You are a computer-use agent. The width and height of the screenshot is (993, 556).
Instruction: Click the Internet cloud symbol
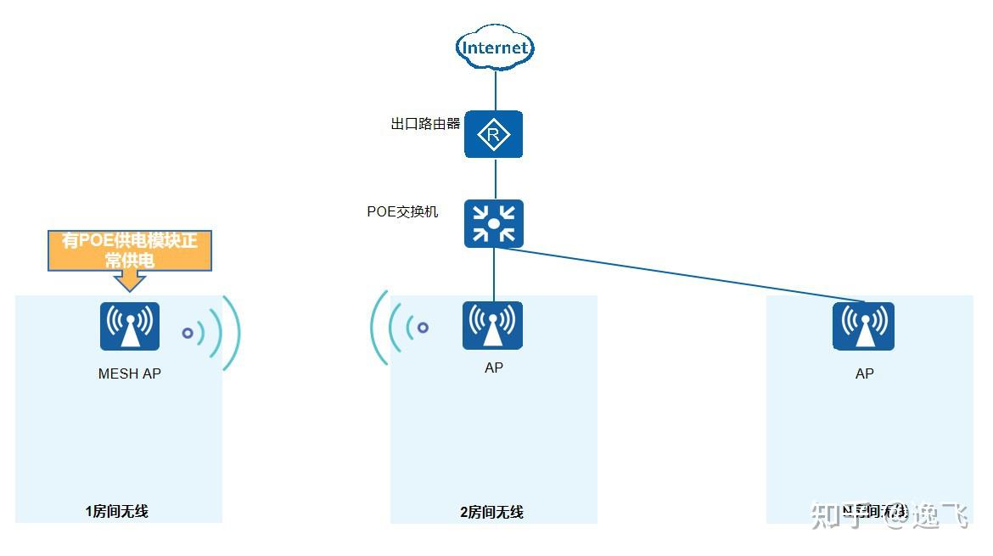click(495, 48)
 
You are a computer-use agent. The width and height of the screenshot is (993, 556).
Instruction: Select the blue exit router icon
click(493, 134)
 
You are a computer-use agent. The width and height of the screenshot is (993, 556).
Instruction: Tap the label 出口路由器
click(425, 124)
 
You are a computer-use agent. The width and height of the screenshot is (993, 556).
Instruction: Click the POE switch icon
click(493, 224)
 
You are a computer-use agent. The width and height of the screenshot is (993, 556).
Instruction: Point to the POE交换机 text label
click(402, 211)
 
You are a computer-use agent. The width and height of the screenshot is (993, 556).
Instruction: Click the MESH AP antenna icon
click(130, 326)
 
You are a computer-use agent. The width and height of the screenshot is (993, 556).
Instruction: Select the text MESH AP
click(130, 373)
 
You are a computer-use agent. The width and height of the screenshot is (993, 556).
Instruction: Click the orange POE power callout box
click(129, 250)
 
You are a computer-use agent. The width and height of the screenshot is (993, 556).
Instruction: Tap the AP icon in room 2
click(492, 325)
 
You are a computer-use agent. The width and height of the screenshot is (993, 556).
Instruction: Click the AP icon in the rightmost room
click(863, 326)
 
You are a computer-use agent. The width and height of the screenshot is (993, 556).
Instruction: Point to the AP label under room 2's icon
click(493, 368)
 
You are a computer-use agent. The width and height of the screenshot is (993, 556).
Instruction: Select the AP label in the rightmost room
click(864, 373)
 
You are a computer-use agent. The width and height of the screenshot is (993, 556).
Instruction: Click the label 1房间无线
click(117, 511)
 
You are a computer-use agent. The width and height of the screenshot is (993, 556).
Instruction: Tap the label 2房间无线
click(491, 512)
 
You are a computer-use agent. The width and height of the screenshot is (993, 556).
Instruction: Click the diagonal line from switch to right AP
click(679, 273)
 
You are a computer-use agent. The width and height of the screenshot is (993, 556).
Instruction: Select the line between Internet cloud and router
click(495, 89)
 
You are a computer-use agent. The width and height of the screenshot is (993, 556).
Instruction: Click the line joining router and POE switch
click(495, 178)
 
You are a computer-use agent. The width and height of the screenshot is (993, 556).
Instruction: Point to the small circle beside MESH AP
click(188, 334)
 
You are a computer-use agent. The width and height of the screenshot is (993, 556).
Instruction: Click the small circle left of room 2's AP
click(423, 327)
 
